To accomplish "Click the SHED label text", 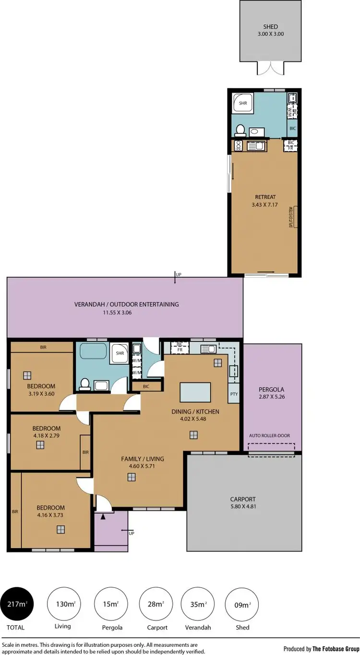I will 271,27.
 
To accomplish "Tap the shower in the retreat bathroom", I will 240,103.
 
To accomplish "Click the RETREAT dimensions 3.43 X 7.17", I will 265,205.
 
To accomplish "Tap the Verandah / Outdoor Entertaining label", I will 126,304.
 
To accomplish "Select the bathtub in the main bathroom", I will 92,351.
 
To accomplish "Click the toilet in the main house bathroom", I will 85,383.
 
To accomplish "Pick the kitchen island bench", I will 195,392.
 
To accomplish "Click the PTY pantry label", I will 234,394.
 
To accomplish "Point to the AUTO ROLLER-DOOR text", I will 269,436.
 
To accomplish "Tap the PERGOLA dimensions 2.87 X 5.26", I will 272,397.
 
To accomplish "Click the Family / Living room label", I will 137,459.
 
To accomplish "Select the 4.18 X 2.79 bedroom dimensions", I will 46,436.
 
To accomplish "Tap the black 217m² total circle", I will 17,604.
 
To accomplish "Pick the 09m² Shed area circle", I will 242,604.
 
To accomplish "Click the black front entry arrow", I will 103,517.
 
